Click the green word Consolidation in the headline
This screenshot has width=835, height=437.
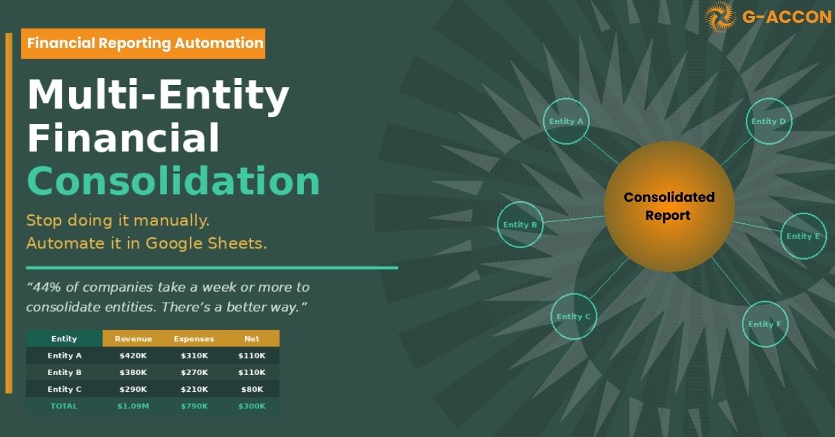pyautogui.click(x=173, y=181)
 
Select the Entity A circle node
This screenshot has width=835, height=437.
pyautogui.click(x=566, y=122)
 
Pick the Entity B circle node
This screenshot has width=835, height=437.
pyautogui.click(x=520, y=225)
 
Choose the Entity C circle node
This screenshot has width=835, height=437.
pyautogui.click(x=573, y=317)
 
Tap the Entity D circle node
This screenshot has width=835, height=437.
pyautogui.click(x=768, y=122)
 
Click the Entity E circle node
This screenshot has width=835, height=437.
pyautogui.click(x=803, y=237)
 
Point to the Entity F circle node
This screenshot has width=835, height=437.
pyautogui.click(x=765, y=324)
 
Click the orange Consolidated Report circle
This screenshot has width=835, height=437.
pyautogui.click(x=669, y=207)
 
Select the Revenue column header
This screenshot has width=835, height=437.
pyautogui.click(x=133, y=339)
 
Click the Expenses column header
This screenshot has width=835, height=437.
pyautogui.click(x=194, y=339)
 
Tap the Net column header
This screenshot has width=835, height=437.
pyautogui.click(x=252, y=339)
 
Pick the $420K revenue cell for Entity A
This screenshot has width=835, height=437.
pyautogui.click(x=133, y=356)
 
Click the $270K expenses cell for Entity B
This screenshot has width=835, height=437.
pyautogui.click(x=194, y=372)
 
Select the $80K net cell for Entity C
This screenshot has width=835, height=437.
pyautogui.click(x=252, y=389)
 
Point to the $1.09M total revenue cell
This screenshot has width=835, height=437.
pyautogui.click(x=133, y=406)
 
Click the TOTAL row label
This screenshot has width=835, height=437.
pyautogui.click(x=64, y=406)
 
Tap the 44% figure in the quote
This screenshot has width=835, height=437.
pyautogui.click(x=45, y=287)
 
